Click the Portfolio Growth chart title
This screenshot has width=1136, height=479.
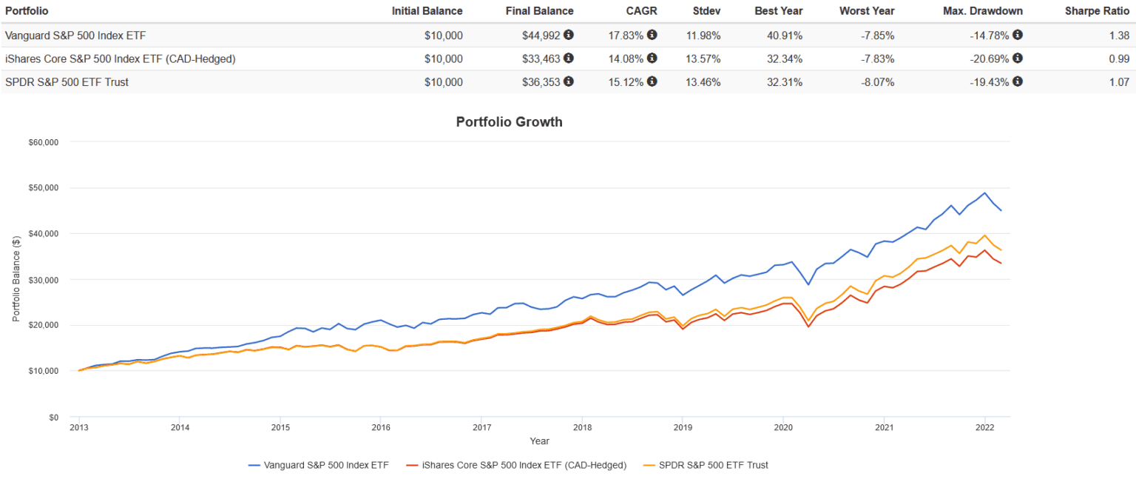[x=509, y=122]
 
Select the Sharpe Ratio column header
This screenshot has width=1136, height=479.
[x=1097, y=11]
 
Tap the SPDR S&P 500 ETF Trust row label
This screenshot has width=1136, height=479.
[x=67, y=82]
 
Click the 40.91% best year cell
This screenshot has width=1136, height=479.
[x=782, y=35]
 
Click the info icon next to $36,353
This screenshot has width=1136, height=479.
[x=569, y=81]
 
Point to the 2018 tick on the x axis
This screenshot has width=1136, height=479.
[x=582, y=427]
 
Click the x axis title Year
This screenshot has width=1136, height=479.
[x=539, y=441]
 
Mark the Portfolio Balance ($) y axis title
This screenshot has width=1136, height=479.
[x=16, y=279]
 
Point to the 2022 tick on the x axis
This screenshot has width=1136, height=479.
[x=984, y=427]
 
